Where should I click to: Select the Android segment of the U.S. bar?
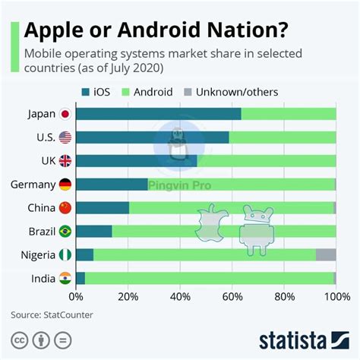[282, 137]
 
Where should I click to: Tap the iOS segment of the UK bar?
[136, 161]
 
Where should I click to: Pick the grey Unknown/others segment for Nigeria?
[326, 255]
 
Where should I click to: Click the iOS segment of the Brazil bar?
[93, 232]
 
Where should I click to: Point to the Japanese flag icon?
[65, 114]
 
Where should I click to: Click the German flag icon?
[65, 185]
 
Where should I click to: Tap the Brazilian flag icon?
[65, 232]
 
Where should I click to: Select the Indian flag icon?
[65, 279]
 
